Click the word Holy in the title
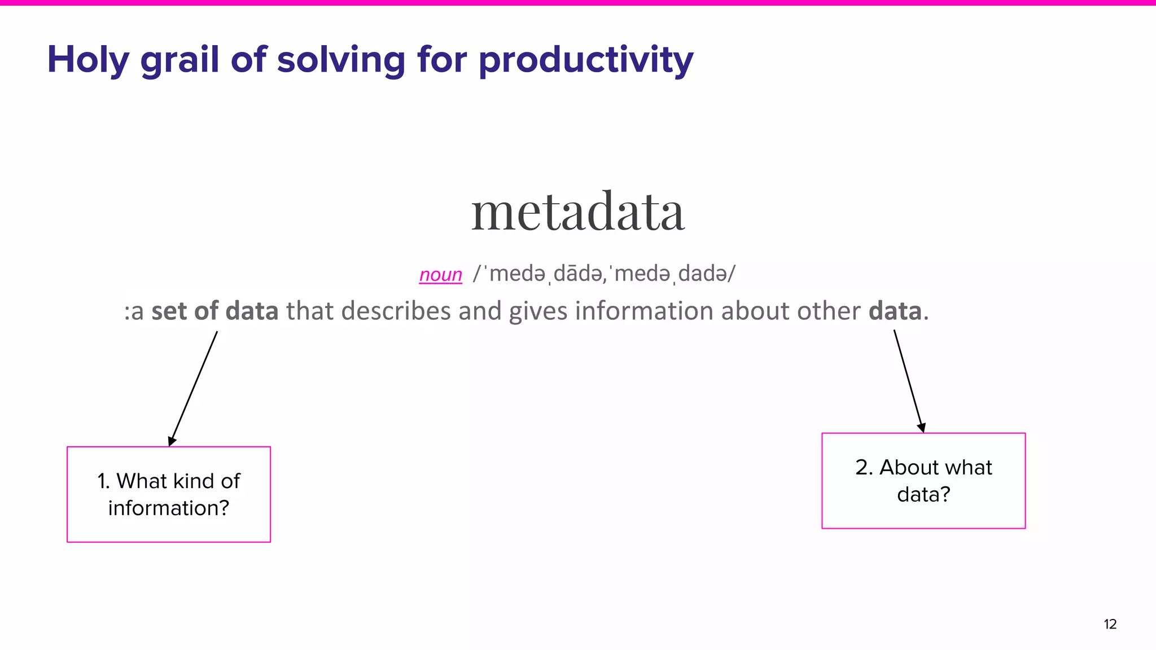click(88, 60)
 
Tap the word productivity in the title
click(586, 60)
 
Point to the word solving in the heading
click(340, 60)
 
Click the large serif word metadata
click(578, 212)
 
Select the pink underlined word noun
click(440, 275)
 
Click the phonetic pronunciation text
click(605, 274)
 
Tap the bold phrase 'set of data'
click(214, 311)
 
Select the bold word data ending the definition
click(895, 311)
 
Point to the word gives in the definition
click(538, 311)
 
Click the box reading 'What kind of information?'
click(169, 494)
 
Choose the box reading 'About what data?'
click(923, 481)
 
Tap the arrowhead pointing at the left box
click(172, 441)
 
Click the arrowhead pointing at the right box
click(921, 428)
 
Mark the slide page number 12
click(1110, 624)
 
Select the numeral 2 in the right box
click(861, 468)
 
